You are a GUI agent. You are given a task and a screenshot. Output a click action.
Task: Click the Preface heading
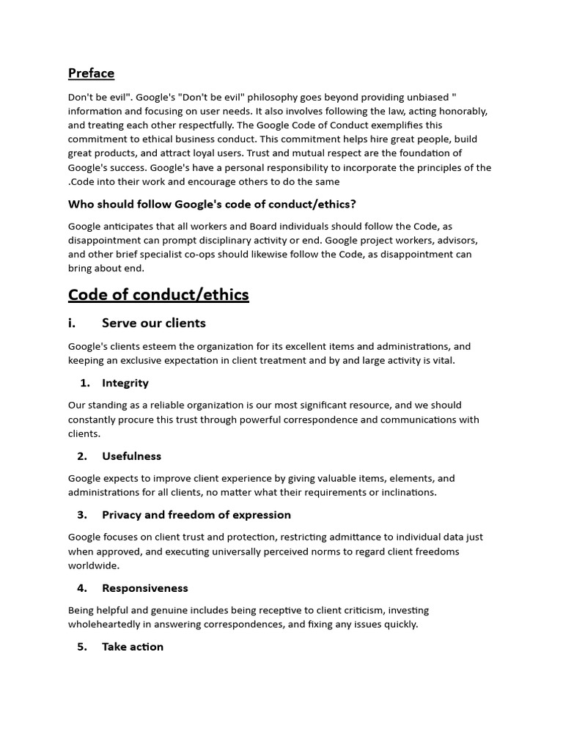tap(91, 73)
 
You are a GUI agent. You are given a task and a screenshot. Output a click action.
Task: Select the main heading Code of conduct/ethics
tap(158, 295)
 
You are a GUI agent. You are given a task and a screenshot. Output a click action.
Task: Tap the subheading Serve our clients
tap(154, 323)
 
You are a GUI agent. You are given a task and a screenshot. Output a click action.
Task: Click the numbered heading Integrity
tap(125, 383)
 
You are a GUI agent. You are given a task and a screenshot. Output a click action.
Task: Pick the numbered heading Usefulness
tap(132, 456)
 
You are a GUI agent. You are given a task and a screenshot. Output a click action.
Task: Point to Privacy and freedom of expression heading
tap(196, 515)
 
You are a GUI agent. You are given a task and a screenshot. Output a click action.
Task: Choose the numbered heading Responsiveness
tap(145, 588)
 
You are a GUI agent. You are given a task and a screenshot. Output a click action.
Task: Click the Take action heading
tap(133, 647)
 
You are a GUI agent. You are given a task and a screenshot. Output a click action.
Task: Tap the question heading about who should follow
tap(213, 204)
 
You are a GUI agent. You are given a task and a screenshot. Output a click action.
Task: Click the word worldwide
tap(94, 566)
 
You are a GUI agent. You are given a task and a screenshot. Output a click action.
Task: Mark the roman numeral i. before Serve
tap(73, 323)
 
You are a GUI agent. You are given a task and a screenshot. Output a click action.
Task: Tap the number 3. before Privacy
tap(82, 515)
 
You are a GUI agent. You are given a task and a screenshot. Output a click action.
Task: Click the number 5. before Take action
tap(82, 647)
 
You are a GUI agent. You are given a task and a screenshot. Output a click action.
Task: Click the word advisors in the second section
tap(458, 241)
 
